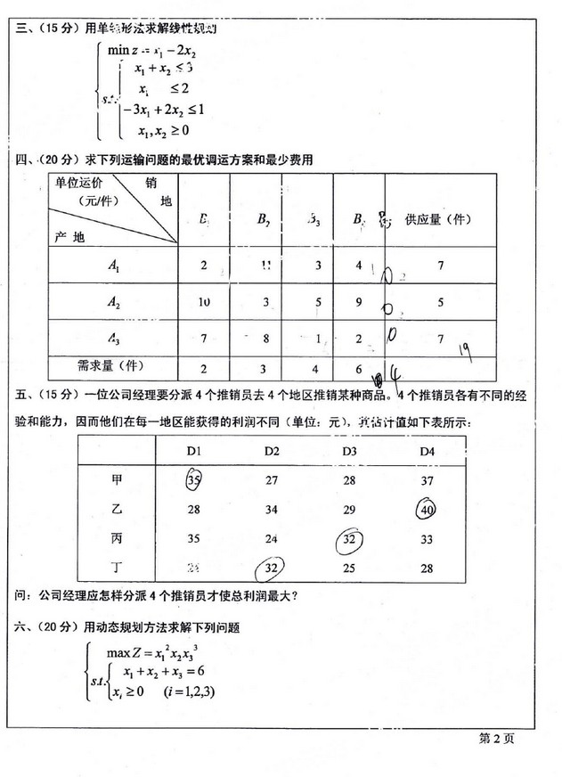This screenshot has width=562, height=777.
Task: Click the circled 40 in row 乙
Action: pyautogui.click(x=427, y=511)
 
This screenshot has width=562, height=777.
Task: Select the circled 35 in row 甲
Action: pyautogui.click(x=195, y=482)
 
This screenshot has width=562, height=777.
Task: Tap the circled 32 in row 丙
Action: pyautogui.click(x=348, y=540)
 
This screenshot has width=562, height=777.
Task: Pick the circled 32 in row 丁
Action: pyautogui.click(x=273, y=568)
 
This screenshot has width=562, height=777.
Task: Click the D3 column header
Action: pyautogui.click(x=349, y=452)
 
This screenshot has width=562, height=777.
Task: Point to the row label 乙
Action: pyautogui.click(x=117, y=511)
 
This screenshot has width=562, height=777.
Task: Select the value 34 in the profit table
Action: pyautogui.click(x=273, y=511)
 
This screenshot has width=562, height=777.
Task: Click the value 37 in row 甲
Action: pyautogui.click(x=426, y=482)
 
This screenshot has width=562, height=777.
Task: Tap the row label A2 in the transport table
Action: pyautogui.click(x=113, y=303)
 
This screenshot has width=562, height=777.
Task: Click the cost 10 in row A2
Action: pyautogui.click(x=204, y=303)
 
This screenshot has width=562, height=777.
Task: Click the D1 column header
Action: pyautogui.click(x=195, y=452)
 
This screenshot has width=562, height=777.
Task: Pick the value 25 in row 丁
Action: pyautogui.click(x=349, y=568)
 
